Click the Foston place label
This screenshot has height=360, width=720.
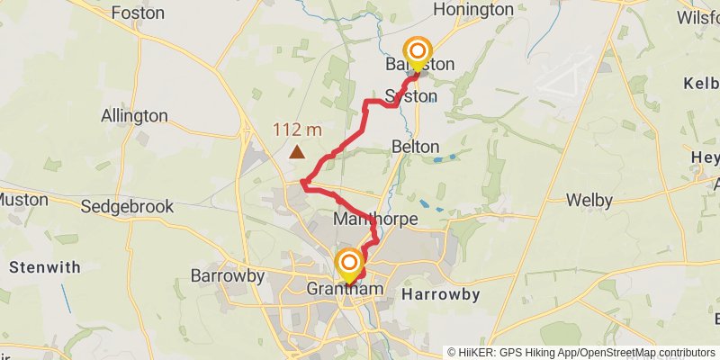coord(137,13)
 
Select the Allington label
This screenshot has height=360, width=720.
coord(134,116)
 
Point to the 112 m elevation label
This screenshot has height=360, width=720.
coord(298,130)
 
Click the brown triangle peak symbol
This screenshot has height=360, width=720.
coord(296,152)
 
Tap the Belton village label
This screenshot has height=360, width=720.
coord(416,146)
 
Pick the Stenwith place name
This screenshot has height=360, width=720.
coord(44,267)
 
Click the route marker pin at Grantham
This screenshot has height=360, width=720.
coord(348,265)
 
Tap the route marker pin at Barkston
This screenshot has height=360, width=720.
coord(418,53)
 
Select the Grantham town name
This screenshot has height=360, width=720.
coord(345,289)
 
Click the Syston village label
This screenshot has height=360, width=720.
coord(410,95)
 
